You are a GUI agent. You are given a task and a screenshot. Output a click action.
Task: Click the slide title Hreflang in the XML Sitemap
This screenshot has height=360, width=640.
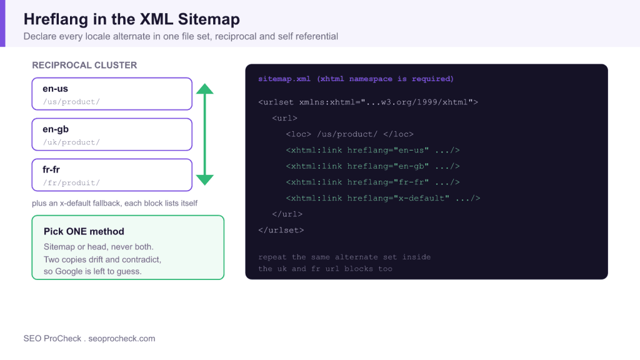coord(131,19)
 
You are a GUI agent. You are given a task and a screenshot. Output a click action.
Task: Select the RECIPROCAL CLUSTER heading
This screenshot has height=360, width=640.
coord(84,65)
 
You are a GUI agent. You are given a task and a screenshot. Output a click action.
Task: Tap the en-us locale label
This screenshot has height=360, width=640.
coord(55,89)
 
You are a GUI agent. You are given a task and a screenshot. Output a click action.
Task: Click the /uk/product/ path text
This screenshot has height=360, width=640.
coord(71,142)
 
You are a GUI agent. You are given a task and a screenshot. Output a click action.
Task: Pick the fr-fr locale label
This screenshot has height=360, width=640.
coord(51,169)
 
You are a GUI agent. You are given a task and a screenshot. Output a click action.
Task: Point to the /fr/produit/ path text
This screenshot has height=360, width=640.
coord(71,183)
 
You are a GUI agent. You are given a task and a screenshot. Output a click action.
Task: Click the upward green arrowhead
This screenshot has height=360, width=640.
coord(205,89)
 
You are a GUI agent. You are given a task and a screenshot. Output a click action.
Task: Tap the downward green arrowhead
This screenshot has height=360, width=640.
coord(205,179)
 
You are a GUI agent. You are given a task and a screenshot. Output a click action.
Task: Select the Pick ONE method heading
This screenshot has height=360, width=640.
coord(84,231)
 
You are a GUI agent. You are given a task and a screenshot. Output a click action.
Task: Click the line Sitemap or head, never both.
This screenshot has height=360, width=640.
coord(99,247)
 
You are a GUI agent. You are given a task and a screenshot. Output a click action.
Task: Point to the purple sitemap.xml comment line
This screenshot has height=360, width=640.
coord(356,79)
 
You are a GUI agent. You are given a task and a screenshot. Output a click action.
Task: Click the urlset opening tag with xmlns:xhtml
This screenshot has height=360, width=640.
coord(368,102)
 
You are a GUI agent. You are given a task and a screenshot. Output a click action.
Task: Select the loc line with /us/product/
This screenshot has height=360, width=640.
coord(350,134)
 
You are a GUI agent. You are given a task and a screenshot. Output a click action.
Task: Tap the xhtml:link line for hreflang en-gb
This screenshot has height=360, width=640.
coord(373,166)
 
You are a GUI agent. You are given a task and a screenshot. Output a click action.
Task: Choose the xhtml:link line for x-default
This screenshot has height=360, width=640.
coord(383,198)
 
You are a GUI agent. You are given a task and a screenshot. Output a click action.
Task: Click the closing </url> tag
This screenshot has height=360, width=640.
coord(287,214)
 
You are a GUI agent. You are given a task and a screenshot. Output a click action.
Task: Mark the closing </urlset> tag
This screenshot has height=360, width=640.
coord(281,230)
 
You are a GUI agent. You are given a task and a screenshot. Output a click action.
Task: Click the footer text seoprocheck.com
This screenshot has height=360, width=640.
coord(122,338)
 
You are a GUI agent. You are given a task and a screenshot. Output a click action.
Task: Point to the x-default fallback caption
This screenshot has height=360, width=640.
coord(115,203)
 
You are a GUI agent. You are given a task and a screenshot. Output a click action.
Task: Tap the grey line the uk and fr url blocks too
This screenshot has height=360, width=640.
coord(325,269)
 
